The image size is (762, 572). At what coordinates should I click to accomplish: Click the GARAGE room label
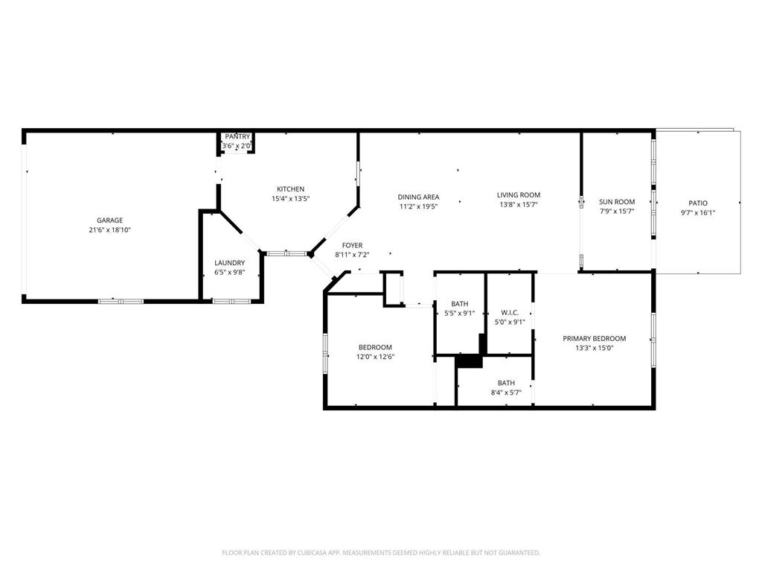click(x=109, y=220)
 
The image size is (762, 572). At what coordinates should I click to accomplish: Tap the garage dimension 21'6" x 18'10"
click(x=109, y=230)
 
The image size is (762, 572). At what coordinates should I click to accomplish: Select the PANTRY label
click(x=237, y=136)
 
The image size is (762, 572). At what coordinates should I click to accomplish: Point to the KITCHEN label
click(x=290, y=189)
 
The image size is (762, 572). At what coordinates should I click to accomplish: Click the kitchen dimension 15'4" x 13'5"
click(x=290, y=199)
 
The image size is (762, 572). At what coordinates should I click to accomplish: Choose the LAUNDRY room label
click(x=229, y=263)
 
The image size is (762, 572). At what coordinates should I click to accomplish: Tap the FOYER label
click(x=352, y=245)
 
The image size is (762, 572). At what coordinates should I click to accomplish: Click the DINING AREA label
click(x=418, y=197)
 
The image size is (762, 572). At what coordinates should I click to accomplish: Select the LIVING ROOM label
click(x=519, y=195)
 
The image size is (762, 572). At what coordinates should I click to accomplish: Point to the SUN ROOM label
click(x=617, y=202)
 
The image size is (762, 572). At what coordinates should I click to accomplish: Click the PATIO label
click(x=697, y=203)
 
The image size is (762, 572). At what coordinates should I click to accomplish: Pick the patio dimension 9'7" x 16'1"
click(x=697, y=212)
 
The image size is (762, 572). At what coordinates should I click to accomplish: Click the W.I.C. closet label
click(x=510, y=313)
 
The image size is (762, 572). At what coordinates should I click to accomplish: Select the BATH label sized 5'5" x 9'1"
click(x=459, y=303)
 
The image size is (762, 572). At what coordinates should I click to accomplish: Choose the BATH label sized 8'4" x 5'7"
click(x=506, y=383)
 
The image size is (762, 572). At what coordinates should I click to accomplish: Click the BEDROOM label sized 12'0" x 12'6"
click(x=375, y=347)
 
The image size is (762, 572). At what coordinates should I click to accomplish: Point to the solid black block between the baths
click(x=469, y=360)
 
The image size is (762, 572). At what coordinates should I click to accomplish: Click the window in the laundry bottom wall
click(x=231, y=301)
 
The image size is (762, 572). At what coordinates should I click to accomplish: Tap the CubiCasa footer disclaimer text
click(x=381, y=553)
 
